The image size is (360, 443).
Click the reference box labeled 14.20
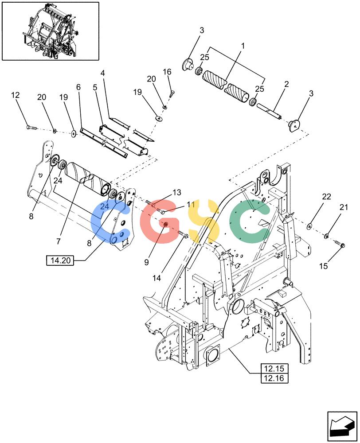60,260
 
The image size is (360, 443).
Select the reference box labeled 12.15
274,369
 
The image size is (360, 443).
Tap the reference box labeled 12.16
274,378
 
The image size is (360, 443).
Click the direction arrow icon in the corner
341,426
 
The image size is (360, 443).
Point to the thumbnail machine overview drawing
51,31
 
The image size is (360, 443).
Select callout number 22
326,197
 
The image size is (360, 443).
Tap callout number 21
344,207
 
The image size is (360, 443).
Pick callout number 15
324,266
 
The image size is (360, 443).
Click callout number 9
146,262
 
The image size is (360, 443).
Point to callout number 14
157,278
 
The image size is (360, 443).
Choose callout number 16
167,72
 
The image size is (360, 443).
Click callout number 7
59,241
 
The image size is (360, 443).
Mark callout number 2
286,84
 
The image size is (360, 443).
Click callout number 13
177,193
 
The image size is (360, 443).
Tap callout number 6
78,87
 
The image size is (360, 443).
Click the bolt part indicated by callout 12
31,128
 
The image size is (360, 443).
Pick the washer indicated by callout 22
309,226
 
